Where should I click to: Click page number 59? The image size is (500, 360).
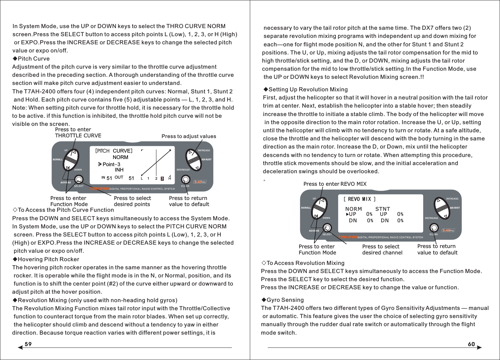tap(28, 344)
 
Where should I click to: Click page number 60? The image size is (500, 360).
tap(471, 344)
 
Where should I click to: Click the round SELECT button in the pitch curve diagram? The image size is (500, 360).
tap(79, 179)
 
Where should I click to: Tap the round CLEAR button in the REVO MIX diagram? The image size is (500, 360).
tap(434, 227)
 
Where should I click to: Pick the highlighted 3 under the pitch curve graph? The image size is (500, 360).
tap(162, 178)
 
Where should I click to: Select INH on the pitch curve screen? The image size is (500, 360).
tap(119, 170)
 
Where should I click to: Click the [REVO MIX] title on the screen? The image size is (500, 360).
tap(360, 199)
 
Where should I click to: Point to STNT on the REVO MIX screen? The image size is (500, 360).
tap(383, 209)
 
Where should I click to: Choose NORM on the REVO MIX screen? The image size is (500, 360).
tap(353, 209)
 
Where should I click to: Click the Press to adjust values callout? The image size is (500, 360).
tap(189, 136)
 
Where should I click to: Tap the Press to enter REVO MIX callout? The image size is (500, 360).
tap(335, 184)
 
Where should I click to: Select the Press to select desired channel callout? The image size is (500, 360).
tap(382, 250)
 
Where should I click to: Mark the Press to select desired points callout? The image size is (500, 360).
tap(132, 201)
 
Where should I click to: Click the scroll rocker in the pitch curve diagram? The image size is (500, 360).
tap(71, 159)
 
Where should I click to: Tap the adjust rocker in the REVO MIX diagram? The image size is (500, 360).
tap(442, 207)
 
